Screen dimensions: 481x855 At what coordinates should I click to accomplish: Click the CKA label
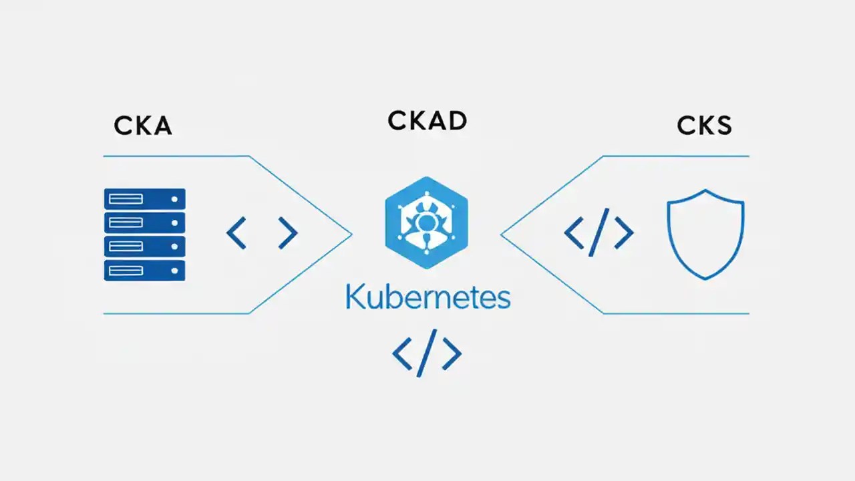pos(143,125)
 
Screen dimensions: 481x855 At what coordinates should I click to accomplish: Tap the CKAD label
pos(427,121)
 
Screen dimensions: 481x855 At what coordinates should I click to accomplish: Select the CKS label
pos(704,125)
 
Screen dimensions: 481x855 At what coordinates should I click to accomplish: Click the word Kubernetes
pos(427,298)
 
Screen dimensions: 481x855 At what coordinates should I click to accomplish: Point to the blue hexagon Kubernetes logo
pos(426,222)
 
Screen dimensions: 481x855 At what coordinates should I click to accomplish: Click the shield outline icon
pos(706,233)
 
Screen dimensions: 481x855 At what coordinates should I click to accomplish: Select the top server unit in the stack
pos(144,199)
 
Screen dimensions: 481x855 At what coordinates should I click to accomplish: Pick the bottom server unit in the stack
pos(144,270)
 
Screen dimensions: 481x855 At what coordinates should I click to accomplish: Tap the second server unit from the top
pos(144,222)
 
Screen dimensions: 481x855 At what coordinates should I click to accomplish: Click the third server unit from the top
pos(144,247)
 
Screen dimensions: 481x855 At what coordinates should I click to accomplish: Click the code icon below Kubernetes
pos(427,353)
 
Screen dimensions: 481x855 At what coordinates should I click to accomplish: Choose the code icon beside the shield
pos(598,232)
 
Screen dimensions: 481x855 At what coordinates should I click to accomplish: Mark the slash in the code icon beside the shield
pos(598,232)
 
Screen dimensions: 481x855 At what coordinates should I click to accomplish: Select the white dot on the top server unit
pos(174,199)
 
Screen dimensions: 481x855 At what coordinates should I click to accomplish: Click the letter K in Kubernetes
pos(354,298)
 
